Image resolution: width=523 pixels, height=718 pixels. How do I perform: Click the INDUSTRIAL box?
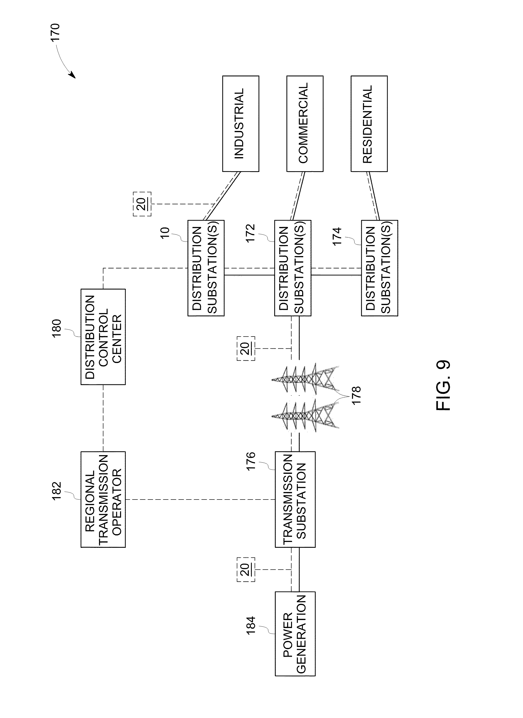[241, 124]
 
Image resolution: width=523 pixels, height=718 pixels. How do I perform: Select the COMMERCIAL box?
[305, 124]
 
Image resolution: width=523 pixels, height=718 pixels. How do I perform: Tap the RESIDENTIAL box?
[369, 124]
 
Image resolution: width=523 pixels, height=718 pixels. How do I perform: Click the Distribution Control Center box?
[103, 337]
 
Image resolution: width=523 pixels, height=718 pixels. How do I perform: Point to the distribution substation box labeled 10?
[206, 268]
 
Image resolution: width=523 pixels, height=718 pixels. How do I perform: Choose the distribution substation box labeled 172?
[293, 268]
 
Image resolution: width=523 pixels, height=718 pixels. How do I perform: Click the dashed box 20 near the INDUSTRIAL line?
[142, 204]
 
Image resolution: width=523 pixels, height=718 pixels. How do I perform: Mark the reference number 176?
[251, 461]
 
